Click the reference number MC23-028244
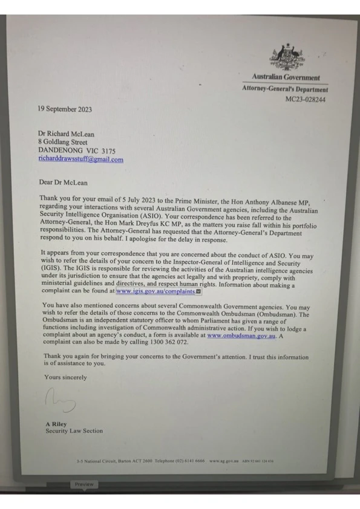pyautogui.click(x=306, y=99)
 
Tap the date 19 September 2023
pyautogui.click(x=65, y=109)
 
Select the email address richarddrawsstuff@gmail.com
pyautogui.click(x=80, y=160)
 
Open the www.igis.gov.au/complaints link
pyautogui.click(x=155, y=291)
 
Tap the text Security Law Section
pyautogui.click(x=74, y=431)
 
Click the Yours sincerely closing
pyautogui.click(x=65, y=377)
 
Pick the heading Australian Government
pyautogui.click(x=286, y=77)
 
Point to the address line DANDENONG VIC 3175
pyautogui.click(x=77, y=151)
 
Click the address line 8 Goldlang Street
pyautogui.click(x=62, y=142)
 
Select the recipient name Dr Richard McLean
pyautogui.click(x=67, y=134)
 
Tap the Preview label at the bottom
pyautogui.click(x=84, y=484)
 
